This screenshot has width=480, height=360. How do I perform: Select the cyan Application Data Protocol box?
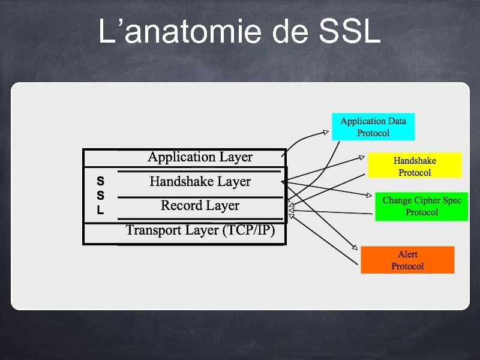373,127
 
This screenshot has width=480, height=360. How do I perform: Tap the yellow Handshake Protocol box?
415,166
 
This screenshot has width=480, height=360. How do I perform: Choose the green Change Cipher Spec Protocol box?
421,206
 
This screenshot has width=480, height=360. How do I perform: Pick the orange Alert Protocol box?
407,260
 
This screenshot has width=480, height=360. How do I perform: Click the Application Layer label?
200,157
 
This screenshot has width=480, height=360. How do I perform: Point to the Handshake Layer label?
200,181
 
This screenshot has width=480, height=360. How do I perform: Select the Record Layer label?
200,206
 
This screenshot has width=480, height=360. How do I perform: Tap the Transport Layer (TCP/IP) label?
200,230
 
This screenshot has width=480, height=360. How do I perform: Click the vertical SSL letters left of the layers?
100,195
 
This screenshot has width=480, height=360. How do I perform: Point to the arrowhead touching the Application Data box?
326,131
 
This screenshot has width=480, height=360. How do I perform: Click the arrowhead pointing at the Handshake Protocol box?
361,158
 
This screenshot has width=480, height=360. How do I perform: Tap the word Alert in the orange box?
407,254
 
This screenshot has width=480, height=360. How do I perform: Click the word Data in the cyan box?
396,121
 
